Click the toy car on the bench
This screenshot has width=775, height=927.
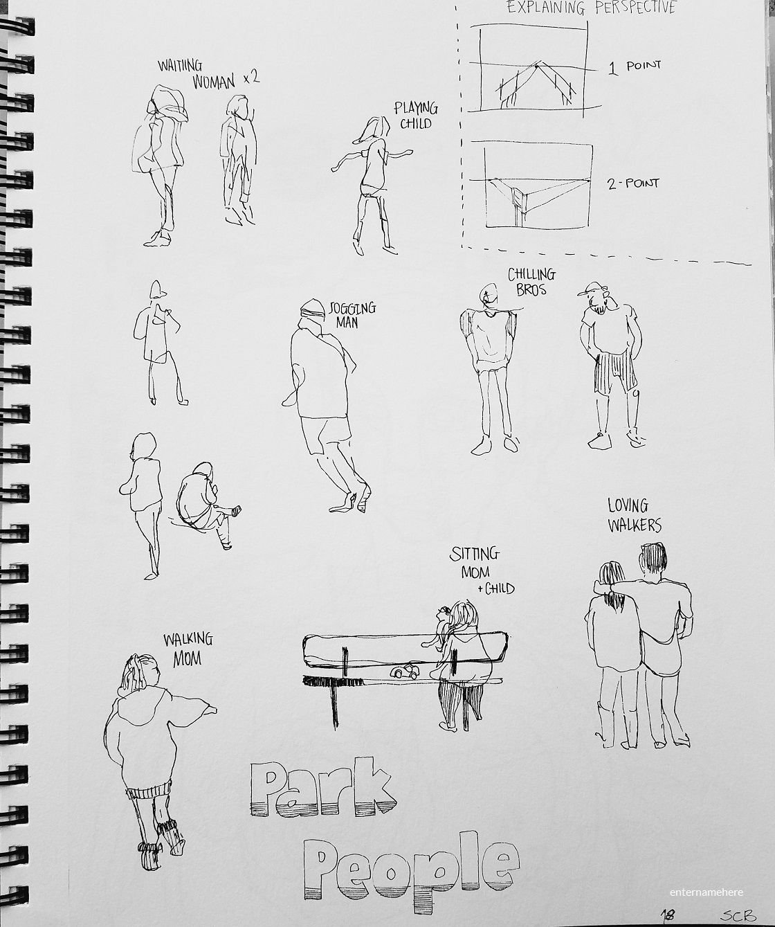coord(404,672)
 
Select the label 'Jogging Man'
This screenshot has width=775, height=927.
coord(352,314)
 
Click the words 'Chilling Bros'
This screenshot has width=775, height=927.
coord(531,282)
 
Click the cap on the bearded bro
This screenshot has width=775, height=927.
coord(592,288)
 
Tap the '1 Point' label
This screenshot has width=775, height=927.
coord(635,67)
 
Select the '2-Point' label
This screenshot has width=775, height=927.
coord(633,183)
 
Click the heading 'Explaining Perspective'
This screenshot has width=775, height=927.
coord(592,8)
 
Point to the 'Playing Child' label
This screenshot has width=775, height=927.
coord(416,115)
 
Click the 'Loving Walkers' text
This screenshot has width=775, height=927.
coord(635,515)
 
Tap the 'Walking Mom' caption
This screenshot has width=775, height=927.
coord(188,650)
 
